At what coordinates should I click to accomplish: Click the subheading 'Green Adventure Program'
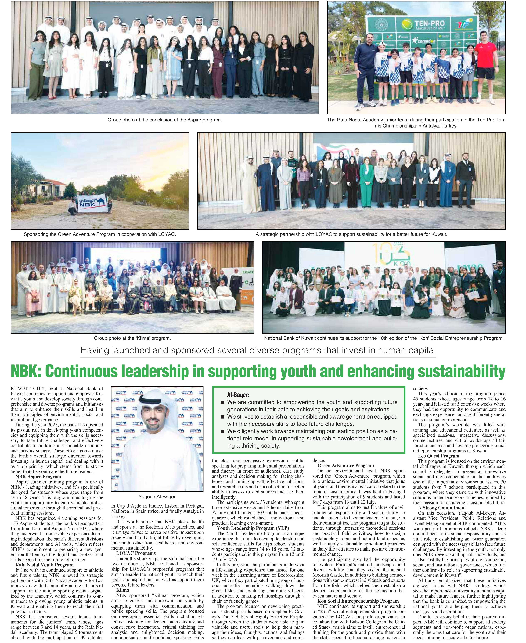[x=345, y=465]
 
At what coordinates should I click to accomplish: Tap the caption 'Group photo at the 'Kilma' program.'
[x=132, y=338]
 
